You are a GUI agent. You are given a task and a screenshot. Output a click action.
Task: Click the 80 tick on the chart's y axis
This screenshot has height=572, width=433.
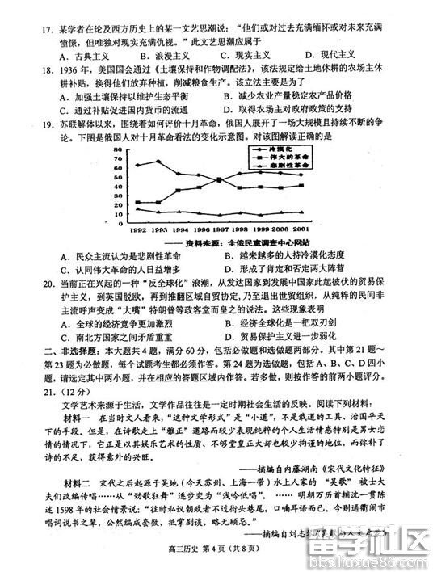pyautogui.click(x=117, y=151)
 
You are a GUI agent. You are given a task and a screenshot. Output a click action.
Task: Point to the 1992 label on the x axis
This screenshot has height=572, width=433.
pyautogui.click(x=137, y=230)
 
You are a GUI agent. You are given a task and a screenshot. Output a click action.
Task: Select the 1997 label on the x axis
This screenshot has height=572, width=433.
pyautogui.click(x=224, y=230)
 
